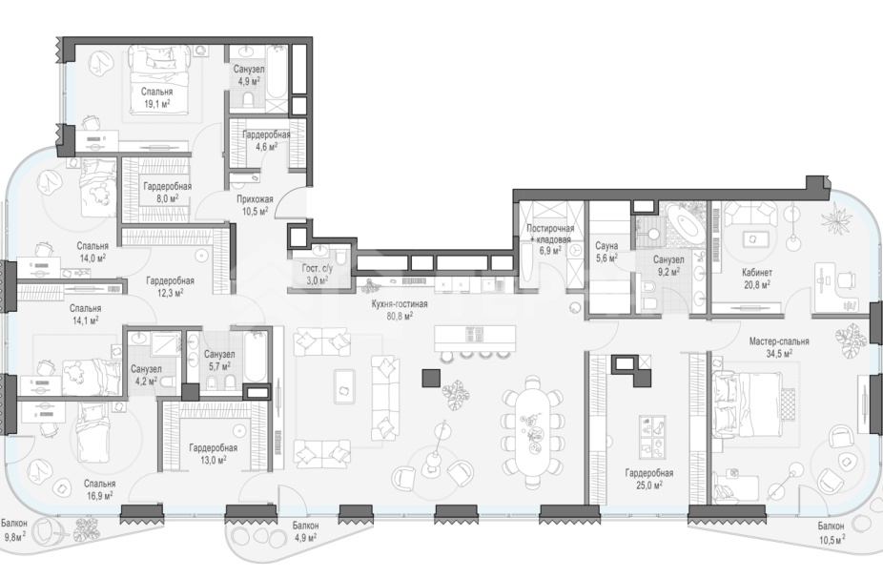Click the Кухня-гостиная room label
400,304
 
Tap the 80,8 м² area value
400,316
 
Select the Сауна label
606,246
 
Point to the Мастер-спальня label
779,341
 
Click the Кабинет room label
757,273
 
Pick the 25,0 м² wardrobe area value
648,485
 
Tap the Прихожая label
255,198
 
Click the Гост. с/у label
317,269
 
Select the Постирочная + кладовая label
550,234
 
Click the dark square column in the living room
431,378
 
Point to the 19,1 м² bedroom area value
157,103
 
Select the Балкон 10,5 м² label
832,533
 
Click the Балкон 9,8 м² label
14,529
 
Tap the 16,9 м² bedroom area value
100,496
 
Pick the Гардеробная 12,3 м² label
170,287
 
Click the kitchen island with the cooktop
475,338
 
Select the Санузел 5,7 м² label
219,361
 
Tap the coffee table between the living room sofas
344,386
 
